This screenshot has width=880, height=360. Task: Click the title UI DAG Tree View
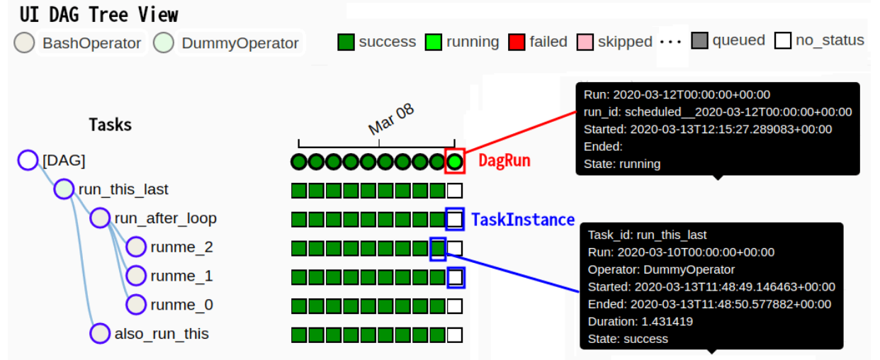click(x=99, y=14)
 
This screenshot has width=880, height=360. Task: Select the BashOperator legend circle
click(x=25, y=43)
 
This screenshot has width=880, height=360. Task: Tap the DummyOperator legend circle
click(x=164, y=43)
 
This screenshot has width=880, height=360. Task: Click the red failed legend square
click(x=517, y=42)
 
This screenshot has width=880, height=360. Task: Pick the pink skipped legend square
click(x=585, y=42)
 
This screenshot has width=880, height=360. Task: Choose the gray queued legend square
click(x=700, y=41)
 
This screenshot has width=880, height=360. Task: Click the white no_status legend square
click(x=783, y=41)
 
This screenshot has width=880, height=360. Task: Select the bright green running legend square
click(x=434, y=42)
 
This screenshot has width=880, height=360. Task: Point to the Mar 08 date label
click(x=390, y=120)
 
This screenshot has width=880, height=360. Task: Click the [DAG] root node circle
click(x=28, y=160)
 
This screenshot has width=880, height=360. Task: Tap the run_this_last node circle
click(x=64, y=189)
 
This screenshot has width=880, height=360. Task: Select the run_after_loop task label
click(x=165, y=218)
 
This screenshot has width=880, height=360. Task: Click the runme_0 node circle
click(x=136, y=305)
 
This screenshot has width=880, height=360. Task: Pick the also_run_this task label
click(x=162, y=334)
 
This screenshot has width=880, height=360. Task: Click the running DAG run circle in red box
click(x=455, y=162)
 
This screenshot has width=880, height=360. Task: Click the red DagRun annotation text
click(x=504, y=161)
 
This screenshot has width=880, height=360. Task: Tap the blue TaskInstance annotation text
click(x=523, y=220)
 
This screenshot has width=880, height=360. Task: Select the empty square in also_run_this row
click(x=455, y=334)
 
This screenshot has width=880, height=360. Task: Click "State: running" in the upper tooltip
click(x=622, y=164)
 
